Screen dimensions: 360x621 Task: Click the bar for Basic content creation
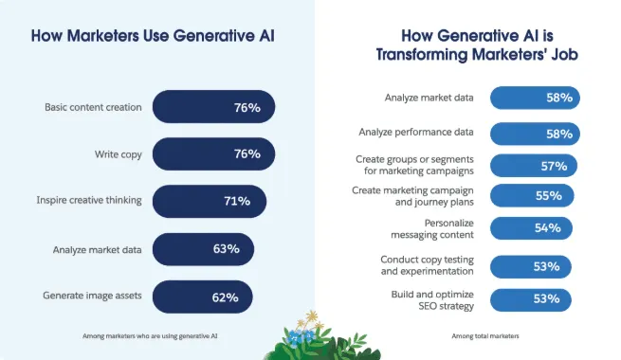(x=212, y=107)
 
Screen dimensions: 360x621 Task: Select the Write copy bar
(x=212, y=153)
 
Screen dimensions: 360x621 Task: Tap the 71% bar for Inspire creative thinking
(x=209, y=201)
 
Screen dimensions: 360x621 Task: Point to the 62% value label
(x=226, y=296)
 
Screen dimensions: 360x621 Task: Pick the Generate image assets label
(x=92, y=296)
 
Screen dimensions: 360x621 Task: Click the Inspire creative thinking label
(x=89, y=201)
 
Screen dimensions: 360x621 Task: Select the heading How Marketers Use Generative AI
(x=158, y=37)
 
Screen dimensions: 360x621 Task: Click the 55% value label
(x=548, y=196)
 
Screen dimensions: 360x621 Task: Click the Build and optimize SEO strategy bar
(x=531, y=300)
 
